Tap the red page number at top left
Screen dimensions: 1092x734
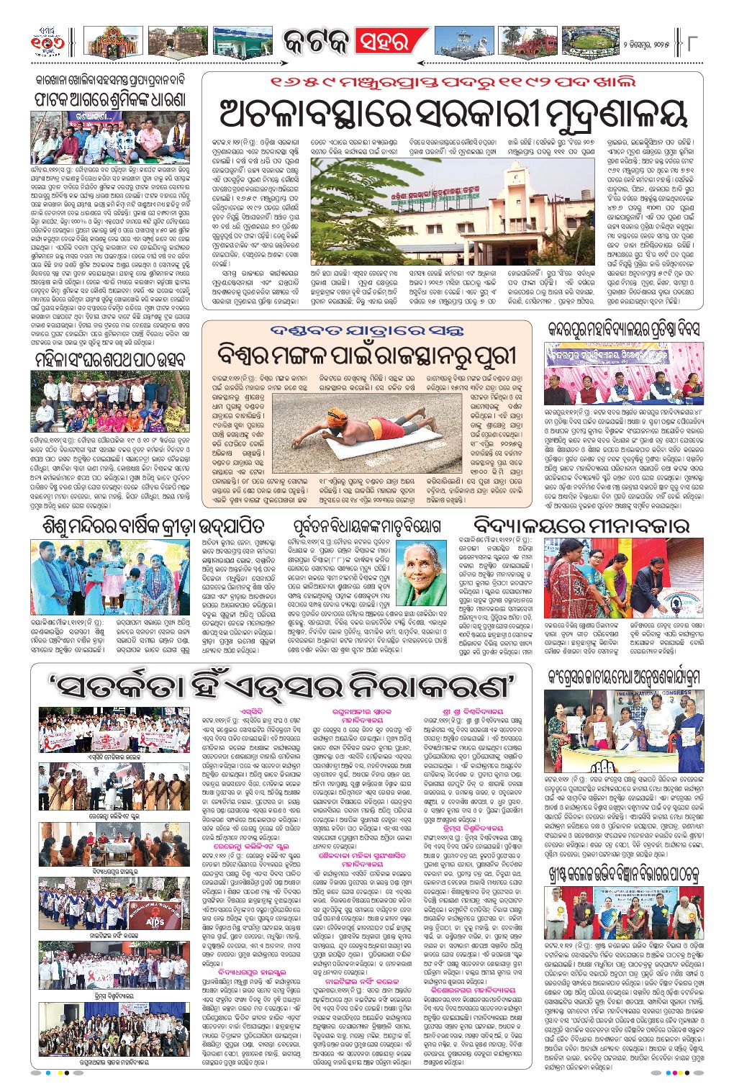[47, 42]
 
